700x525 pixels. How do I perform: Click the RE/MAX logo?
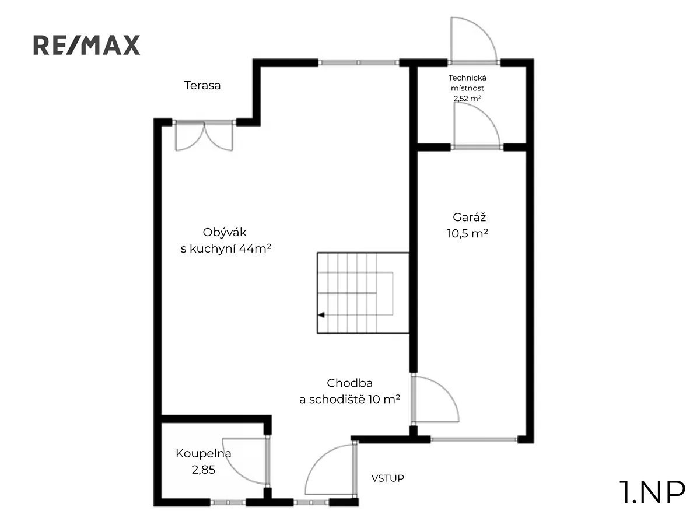tap(86, 45)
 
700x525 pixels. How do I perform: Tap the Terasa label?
tap(202, 85)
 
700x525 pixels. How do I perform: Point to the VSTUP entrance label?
tap(387, 478)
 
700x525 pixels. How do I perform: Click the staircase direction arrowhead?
tap(321, 315)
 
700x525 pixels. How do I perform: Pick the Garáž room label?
tap(469, 218)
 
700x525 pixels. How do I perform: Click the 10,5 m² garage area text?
tap(467, 234)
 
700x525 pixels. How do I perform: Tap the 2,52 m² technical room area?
tap(467, 99)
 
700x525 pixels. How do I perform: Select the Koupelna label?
tap(203, 453)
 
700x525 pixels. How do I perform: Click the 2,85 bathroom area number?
tap(204, 470)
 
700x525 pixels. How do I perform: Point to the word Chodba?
tap(349, 383)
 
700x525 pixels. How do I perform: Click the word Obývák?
tap(225, 233)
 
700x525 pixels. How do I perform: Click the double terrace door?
tap(204, 135)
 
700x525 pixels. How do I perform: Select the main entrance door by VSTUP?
tap(331, 470)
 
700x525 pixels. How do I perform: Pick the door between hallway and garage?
tap(435, 399)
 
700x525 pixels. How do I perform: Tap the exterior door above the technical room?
tap(474, 41)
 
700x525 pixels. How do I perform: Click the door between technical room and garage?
tap(477, 126)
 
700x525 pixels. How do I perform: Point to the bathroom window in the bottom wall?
tap(228, 503)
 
